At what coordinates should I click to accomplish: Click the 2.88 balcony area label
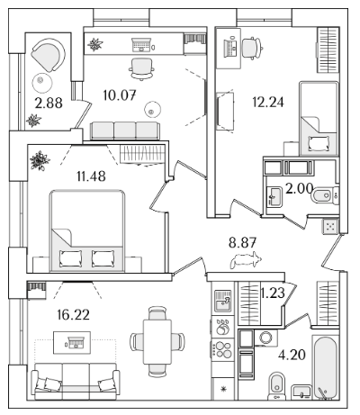(49, 104)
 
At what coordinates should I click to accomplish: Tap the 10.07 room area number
(120, 95)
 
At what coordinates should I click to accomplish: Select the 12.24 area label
(268, 103)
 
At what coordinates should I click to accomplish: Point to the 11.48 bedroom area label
(91, 176)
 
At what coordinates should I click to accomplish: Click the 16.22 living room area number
(74, 315)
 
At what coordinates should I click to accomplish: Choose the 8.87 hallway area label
(242, 242)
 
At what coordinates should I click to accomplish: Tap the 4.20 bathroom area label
(292, 355)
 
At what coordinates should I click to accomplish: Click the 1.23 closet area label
(273, 293)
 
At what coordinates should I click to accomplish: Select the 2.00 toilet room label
(299, 189)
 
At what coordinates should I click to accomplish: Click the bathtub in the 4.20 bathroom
(325, 367)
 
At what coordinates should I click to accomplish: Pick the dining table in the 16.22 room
(157, 342)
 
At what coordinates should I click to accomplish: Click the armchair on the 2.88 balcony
(48, 54)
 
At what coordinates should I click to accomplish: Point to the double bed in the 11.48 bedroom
(87, 230)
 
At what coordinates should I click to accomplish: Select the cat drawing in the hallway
(246, 260)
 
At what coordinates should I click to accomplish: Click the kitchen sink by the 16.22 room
(222, 301)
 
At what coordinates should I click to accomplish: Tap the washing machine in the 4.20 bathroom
(265, 338)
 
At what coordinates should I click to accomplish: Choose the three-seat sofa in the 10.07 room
(125, 131)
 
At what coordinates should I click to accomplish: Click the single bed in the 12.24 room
(319, 118)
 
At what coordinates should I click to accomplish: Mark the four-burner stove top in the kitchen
(222, 349)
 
